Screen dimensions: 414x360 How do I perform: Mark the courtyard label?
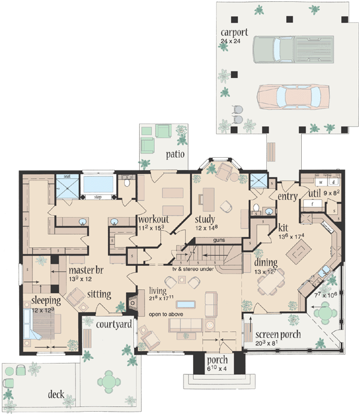113,325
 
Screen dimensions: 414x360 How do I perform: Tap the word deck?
56,394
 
